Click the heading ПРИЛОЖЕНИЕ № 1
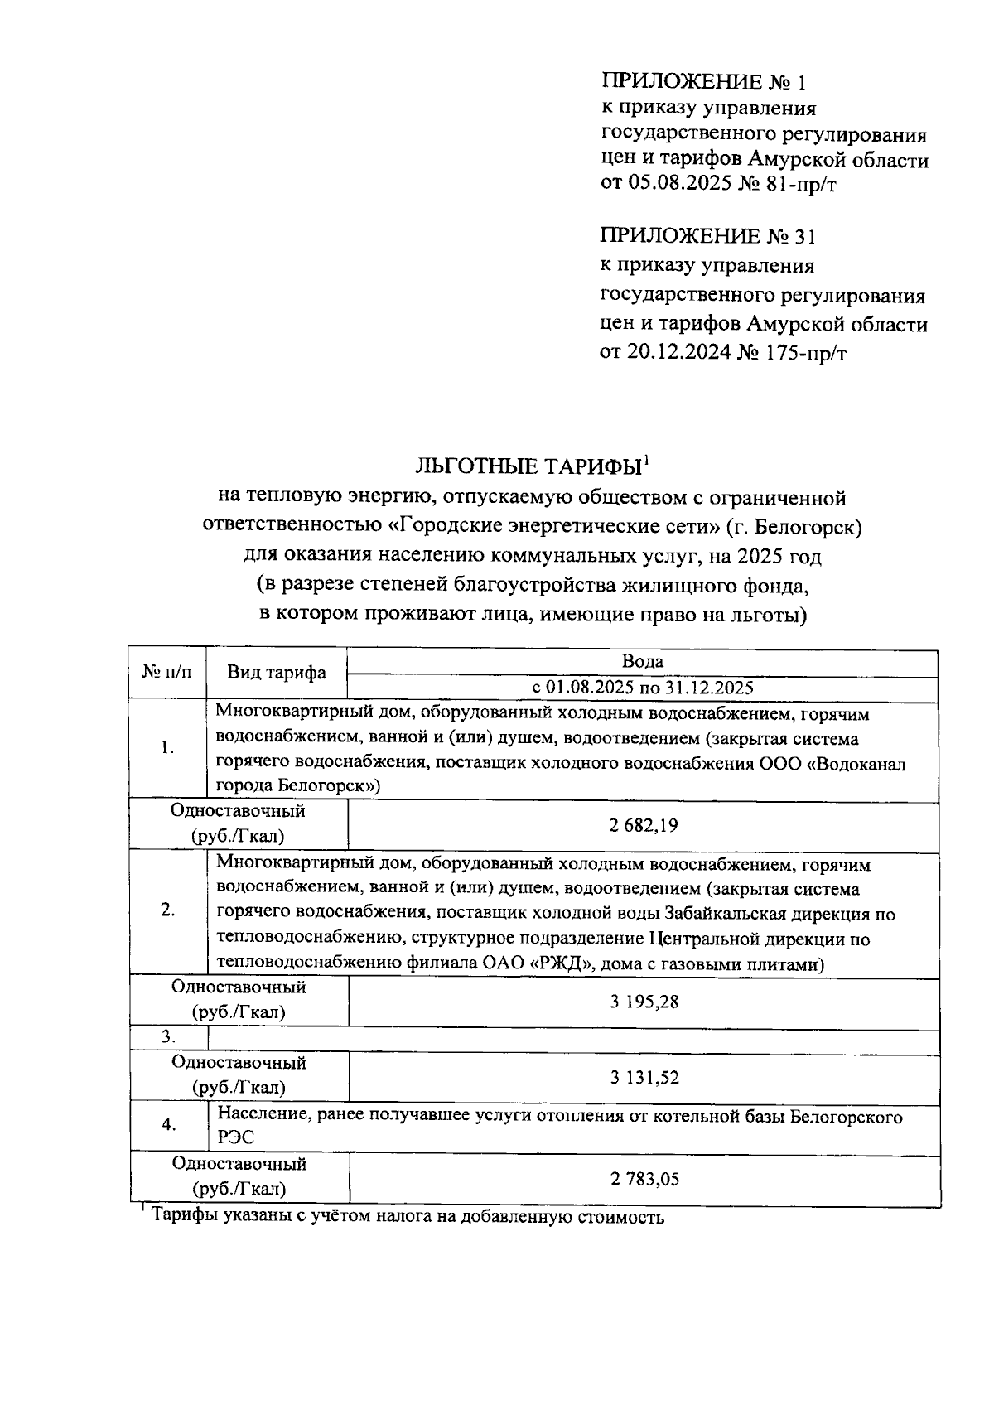click(702, 82)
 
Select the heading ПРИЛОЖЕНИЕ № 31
click(707, 237)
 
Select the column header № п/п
click(166, 672)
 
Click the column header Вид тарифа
click(277, 673)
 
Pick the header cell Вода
click(642, 661)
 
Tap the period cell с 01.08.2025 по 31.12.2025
click(642, 688)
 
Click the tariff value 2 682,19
click(642, 826)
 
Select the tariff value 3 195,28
click(644, 1002)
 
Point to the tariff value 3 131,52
click(644, 1077)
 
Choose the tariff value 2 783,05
click(644, 1178)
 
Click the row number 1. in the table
click(167, 747)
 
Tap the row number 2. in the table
click(167, 910)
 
